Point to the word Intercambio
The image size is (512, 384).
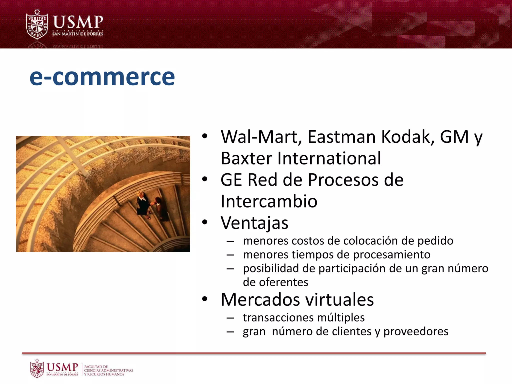click(x=269, y=201)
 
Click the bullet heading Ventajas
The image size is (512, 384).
click(x=254, y=223)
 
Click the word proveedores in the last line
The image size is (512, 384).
click(x=416, y=331)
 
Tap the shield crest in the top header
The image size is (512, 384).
click(x=37, y=25)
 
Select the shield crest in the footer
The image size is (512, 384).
click(x=37, y=368)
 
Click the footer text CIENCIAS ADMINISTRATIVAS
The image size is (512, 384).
click(x=108, y=370)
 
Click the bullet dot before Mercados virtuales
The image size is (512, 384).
click(x=205, y=299)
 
